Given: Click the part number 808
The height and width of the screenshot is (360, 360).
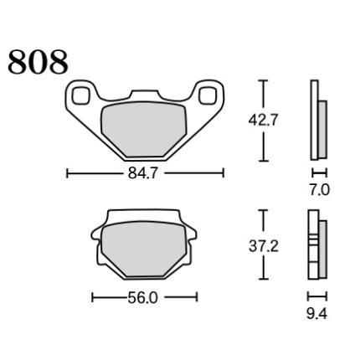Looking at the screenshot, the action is tap(38, 62).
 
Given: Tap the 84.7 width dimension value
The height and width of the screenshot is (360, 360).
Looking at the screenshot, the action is tap(143, 173).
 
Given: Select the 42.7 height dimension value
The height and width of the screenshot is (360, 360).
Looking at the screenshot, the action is tap(264, 121).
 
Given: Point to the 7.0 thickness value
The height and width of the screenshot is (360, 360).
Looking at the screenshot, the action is tap(320, 190).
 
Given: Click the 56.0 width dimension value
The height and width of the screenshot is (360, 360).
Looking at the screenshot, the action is tap(143, 298).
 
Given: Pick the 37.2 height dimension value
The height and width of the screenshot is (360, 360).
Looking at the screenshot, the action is tap(264, 246).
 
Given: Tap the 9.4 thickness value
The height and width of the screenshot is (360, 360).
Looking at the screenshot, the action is tap(316, 315).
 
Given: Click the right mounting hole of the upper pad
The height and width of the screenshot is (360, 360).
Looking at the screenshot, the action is tap(208, 95).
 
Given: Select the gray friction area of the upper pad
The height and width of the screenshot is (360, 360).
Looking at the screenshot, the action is tap(143, 129).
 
